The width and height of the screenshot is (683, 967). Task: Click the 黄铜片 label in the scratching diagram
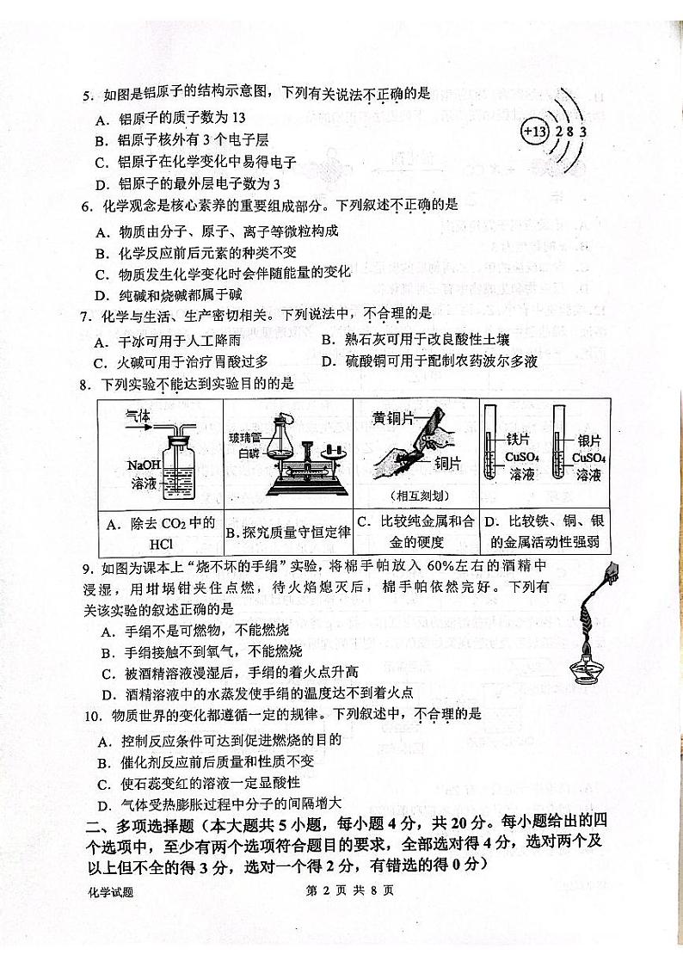point(393,418)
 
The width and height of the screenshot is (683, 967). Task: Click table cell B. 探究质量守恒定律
point(288,533)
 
